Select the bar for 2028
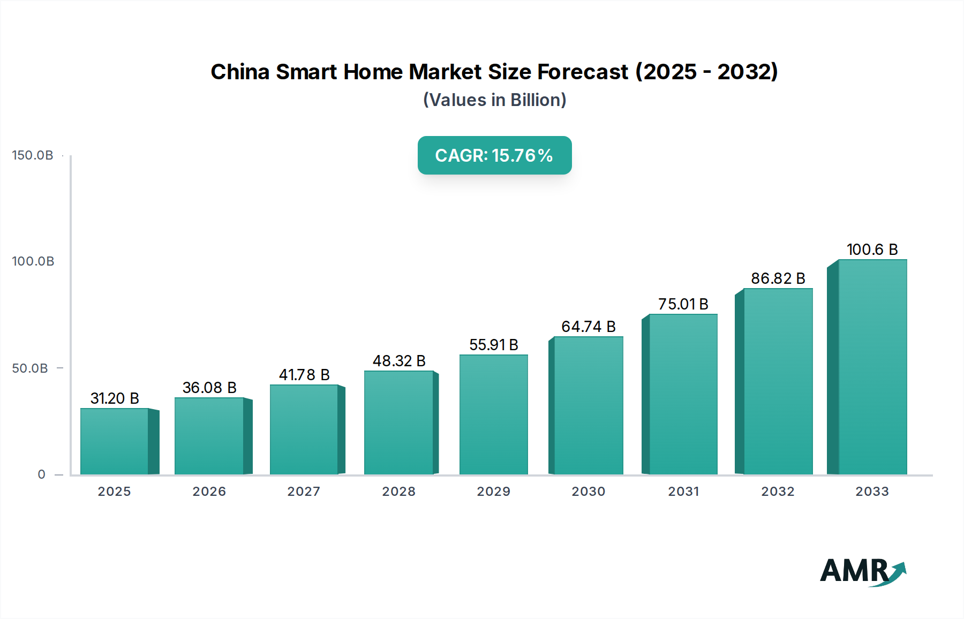point(398,422)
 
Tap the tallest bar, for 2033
point(872,367)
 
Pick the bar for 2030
point(588,405)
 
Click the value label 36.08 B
point(209,388)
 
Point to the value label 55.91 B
point(494,345)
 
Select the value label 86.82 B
point(778,278)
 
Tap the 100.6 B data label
point(872,250)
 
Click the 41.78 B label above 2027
point(304,375)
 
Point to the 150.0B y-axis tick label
point(33,155)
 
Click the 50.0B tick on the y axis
point(30,368)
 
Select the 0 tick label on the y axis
point(41,474)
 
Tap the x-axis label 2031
point(683,492)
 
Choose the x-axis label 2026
point(209,492)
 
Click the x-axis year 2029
point(494,492)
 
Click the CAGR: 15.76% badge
point(494,155)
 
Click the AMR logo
point(862,571)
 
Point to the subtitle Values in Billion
point(494,100)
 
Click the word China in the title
point(240,72)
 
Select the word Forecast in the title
point(583,72)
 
